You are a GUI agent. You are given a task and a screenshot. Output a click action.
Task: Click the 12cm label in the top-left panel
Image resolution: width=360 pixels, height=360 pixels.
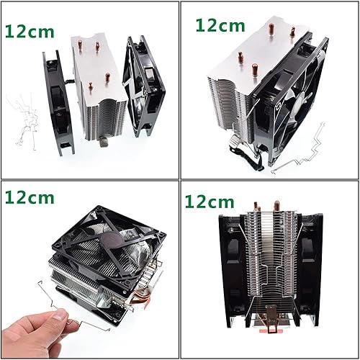[30, 31]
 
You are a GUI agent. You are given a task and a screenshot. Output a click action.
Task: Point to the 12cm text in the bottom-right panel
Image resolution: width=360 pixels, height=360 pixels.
[210, 201]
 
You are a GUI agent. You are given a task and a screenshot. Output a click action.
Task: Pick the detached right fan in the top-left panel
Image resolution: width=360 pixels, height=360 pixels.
[145, 88]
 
